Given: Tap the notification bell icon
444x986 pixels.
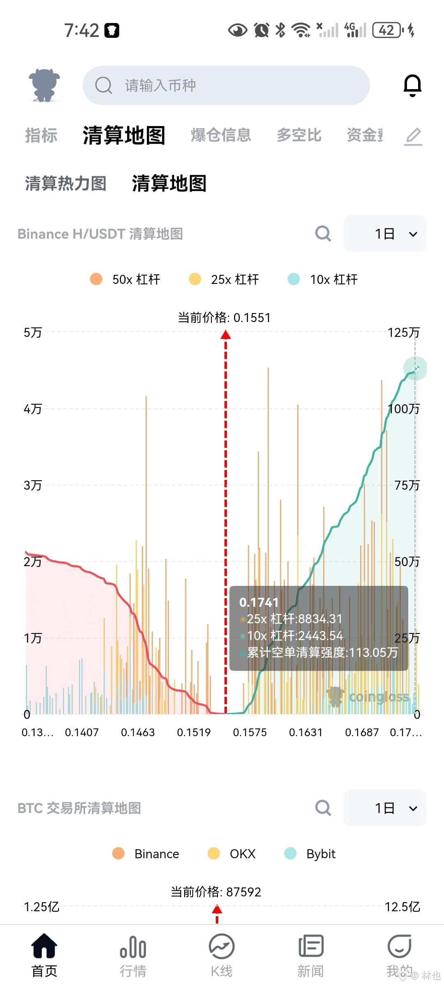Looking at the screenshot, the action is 412,85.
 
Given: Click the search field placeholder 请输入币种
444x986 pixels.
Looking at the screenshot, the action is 160,85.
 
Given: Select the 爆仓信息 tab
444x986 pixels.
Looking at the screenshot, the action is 221,135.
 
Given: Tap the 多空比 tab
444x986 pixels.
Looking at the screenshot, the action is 299,135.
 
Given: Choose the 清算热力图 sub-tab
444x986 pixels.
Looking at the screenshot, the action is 65,183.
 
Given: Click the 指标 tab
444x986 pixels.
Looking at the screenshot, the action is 41,135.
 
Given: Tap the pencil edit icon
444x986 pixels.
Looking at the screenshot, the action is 413,136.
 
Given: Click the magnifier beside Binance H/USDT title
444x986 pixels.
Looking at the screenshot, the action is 323,233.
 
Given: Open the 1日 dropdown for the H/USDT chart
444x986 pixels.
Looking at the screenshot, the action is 385,233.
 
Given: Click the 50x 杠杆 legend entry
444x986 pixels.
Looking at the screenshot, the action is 125,279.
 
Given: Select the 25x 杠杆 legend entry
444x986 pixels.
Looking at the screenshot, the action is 224,279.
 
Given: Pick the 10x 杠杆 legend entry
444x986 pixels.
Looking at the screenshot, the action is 323,279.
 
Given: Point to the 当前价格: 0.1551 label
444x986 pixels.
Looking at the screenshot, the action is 224,318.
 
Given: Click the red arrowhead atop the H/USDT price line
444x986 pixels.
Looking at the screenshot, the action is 226,335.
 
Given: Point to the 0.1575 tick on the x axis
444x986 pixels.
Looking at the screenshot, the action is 250,733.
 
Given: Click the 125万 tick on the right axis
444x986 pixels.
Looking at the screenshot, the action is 404,332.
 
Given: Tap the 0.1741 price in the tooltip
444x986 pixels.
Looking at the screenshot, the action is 259,602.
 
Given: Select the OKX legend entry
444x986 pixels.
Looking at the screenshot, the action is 231,854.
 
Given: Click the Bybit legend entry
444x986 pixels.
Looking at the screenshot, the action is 310,854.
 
